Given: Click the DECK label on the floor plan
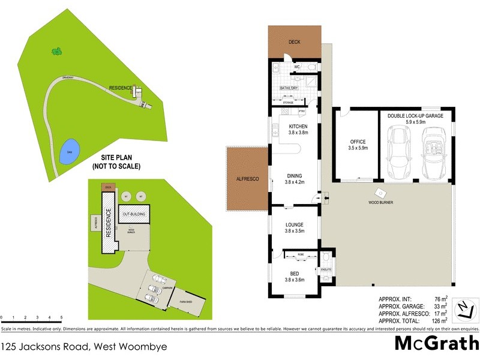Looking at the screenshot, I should click(294, 42).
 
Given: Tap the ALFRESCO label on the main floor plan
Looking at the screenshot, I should click(246, 179).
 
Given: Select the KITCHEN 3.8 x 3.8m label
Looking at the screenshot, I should click(298, 129).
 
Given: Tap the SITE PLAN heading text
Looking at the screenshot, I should click(116, 157).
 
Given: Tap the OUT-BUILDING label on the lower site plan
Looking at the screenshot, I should click(135, 214).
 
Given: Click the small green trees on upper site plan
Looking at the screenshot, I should click(57, 52).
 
